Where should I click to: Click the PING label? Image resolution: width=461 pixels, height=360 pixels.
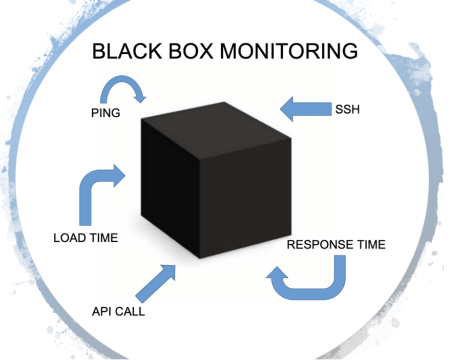click(x=106, y=113)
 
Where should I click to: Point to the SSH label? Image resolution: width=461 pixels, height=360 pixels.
click(x=347, y=109)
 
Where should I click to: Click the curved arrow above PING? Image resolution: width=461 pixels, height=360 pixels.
click(x=123, y=88)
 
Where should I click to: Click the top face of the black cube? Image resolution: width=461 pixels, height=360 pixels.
click(x=215, y=125)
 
